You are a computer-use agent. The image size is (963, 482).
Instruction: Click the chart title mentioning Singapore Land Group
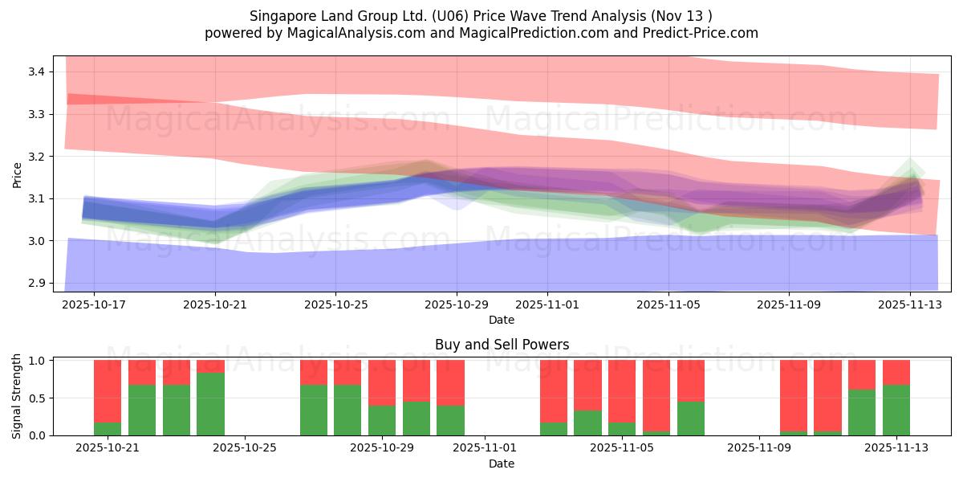[481, 15]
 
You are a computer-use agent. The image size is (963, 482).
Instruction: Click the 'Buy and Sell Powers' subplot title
[502, 345]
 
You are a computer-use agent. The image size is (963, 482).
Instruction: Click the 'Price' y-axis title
[18, 174]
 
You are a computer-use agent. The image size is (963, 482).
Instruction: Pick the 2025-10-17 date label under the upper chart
[94, 305]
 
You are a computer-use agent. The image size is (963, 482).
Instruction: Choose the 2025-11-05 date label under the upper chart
[668, 305]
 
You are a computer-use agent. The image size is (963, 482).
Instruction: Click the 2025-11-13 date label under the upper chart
[909, 305]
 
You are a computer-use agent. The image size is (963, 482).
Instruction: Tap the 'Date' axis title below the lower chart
[502, 464]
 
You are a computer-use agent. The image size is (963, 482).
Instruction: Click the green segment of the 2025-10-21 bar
[108, 429]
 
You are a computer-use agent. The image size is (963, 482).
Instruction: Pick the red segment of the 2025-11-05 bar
[622, 391]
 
